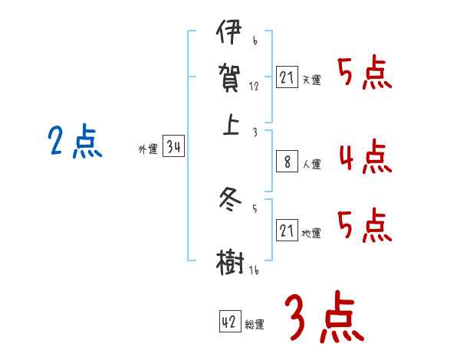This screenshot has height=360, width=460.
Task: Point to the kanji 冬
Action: click(231, 201)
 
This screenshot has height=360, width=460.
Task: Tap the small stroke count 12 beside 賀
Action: click(254, 87)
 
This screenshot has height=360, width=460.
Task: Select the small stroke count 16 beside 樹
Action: click(252, 270)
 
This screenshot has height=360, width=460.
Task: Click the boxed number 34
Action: click(173, 148)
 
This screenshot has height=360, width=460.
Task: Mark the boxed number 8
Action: click(287, 162)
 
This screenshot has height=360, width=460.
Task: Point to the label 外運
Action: click(147, 150)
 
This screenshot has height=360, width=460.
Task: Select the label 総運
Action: click(255, 324)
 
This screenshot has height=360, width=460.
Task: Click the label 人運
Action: click(311, 164)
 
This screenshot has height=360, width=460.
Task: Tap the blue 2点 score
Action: click(74, 142)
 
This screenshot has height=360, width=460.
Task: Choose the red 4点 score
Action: click(364, 156)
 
